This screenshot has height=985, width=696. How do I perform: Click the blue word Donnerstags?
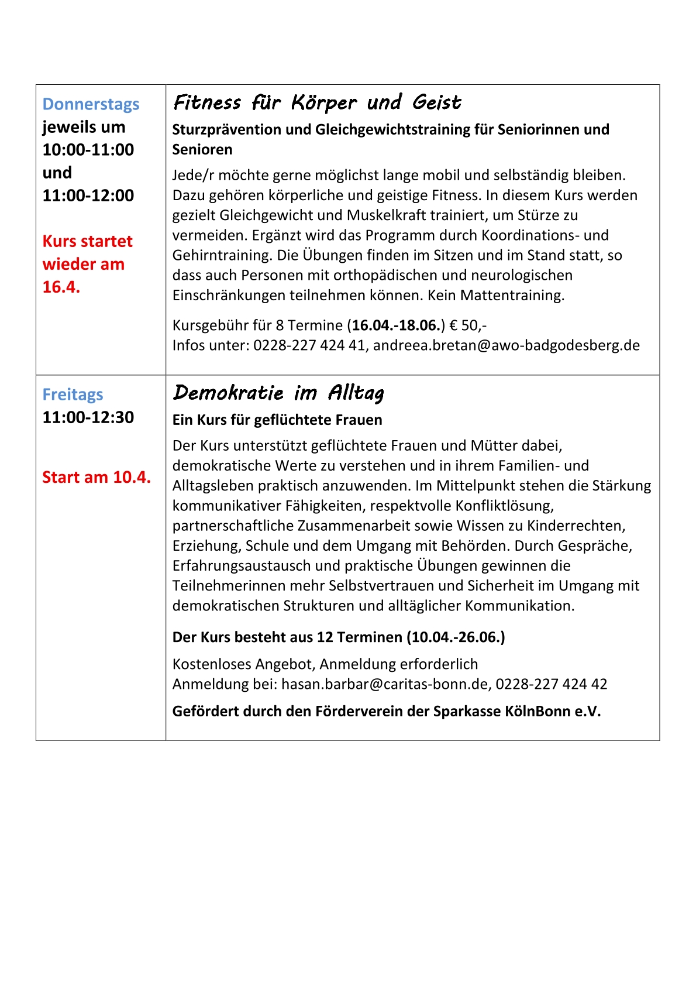tap(91, 104)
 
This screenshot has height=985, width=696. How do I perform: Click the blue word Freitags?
tap(73, 394)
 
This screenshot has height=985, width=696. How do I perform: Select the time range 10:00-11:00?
tap(88, 150)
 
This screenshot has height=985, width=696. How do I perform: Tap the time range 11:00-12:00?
tap(88, 195)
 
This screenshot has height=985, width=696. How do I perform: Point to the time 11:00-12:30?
tap(88, 417)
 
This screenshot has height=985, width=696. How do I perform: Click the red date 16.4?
tap(61, 287)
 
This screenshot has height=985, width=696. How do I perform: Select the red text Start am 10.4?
tap(97, 478)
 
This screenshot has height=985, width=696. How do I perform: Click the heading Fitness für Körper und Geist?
tap(317, 103)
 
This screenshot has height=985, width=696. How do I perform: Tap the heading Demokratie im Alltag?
tap(278, 393)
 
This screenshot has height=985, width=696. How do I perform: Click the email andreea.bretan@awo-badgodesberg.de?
tap(506, 345)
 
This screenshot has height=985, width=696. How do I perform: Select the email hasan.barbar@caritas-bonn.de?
tap(385, 684)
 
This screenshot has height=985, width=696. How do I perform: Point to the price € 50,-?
tap(468, 325)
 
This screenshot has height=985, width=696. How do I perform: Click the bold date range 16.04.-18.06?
tap(396, 325)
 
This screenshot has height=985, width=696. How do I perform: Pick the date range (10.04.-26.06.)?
tap(456, 637)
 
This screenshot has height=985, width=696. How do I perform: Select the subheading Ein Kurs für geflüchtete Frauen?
tap(277, 420)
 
